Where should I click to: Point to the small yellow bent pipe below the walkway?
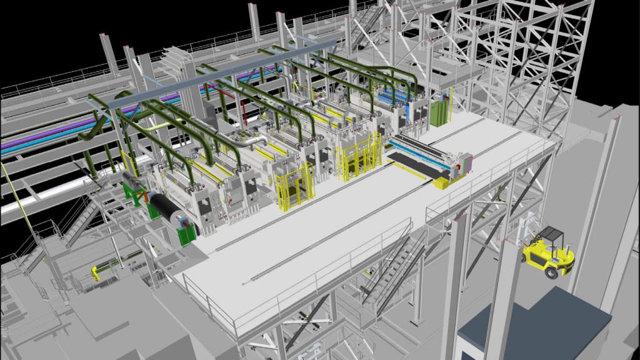click(x=94, y=273)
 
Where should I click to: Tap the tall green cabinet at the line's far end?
click(x=439, y=114)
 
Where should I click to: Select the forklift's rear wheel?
click(x=551, y=272)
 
